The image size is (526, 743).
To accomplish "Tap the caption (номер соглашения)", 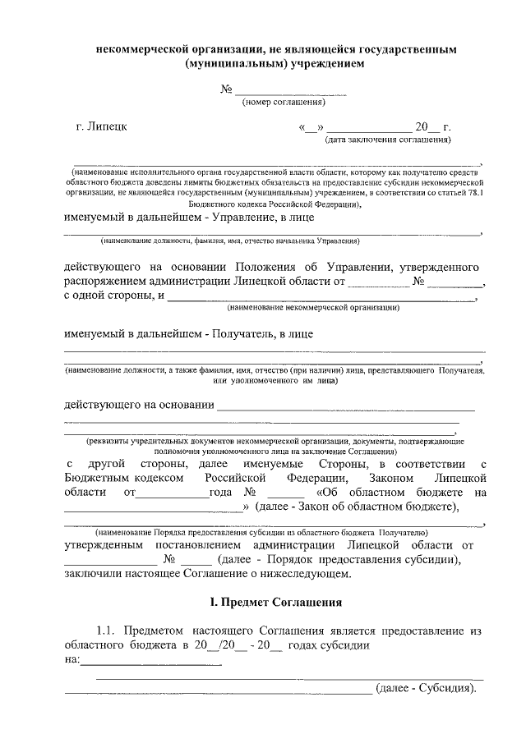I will [283, 103].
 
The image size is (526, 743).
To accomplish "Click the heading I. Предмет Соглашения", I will [275, 603].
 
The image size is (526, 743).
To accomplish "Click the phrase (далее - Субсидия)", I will [426, 688].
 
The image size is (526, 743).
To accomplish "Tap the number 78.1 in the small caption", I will [473, 193].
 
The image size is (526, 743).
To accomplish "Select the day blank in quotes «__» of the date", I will [314, 128].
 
